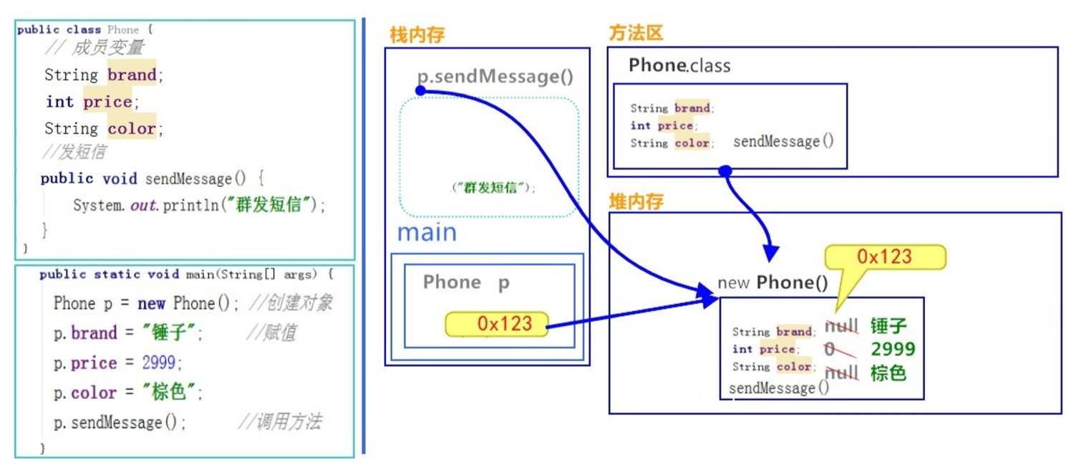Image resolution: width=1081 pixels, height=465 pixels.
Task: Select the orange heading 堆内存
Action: (636, 201)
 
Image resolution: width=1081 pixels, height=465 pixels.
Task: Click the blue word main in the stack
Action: (427, 232)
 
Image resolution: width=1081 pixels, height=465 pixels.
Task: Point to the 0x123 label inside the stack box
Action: (497, 324)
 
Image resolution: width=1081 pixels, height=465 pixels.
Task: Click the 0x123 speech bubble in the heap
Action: (885, 257)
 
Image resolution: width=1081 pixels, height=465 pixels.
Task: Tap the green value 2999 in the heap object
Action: (893, 349)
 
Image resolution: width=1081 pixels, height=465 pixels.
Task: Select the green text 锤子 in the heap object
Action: (888, 327)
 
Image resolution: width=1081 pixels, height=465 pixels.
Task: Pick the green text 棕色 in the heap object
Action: (888, 373)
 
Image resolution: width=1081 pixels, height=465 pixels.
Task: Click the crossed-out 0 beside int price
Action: (830, 349)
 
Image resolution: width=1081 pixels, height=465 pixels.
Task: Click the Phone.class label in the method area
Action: (679, 66)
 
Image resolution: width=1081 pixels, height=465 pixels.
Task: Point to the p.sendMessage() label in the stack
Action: (495, 77)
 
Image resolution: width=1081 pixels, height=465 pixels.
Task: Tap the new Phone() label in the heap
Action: (772, 282)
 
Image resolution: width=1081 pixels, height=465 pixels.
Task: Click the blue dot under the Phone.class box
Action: (724, 171)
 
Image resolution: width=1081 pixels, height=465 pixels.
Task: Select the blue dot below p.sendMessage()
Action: (421, 91)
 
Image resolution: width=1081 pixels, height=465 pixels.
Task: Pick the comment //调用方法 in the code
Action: (280, 422)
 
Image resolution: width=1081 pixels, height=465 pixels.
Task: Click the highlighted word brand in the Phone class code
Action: (132, 75)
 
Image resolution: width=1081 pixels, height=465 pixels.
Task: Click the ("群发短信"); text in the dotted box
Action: (494, 188)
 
